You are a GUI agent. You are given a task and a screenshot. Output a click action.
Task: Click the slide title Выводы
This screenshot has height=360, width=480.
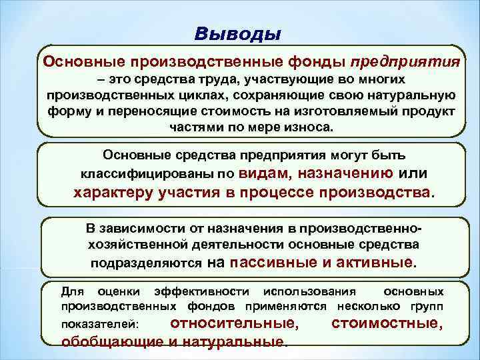[239, 33]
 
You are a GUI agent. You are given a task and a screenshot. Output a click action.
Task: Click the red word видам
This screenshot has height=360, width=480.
[262, 173]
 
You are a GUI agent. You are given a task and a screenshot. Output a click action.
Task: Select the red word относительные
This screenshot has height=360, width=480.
[233, 323]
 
